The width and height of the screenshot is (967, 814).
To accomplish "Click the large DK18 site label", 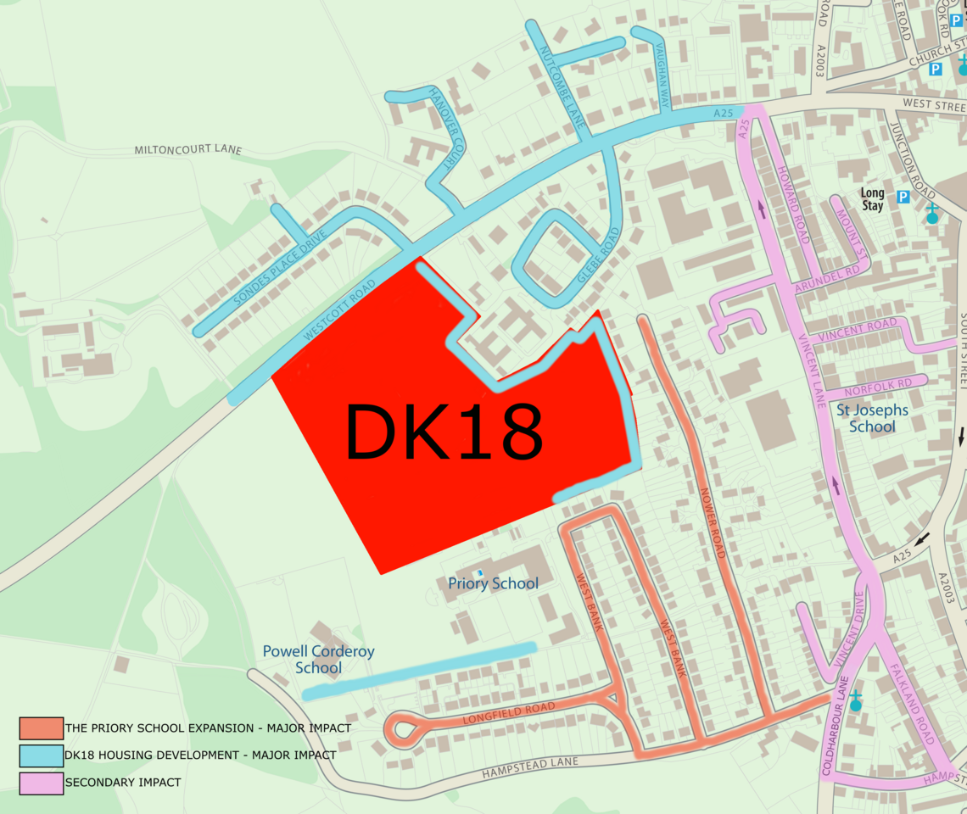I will (443, 432).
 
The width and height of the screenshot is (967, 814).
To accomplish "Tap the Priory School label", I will (493, 583).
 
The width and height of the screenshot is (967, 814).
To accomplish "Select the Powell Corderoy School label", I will (318, 660).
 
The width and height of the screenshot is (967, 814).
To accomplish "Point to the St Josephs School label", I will (872, 418).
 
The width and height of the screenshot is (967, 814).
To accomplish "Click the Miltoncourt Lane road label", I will (187, 150).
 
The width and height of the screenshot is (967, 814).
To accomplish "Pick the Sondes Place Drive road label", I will (270, 269).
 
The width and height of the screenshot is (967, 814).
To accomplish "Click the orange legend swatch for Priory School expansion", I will (42, 728).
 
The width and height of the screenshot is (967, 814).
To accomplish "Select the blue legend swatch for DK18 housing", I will (42, 755).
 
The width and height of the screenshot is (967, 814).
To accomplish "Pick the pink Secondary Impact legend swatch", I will (42, 782).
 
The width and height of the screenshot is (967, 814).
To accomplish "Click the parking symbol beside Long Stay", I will (903, 198).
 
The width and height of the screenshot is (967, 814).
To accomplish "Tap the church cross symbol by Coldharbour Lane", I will (855, 700).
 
